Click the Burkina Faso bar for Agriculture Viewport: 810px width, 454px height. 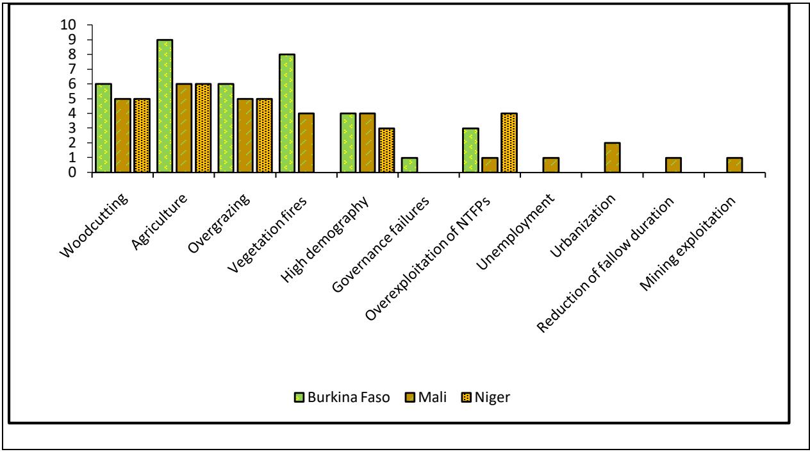click(165, 106)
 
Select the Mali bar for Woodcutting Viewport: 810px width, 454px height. click(122, 135)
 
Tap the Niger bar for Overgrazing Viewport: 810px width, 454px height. click(264, 135)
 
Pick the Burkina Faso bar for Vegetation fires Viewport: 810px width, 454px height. click(287, 113)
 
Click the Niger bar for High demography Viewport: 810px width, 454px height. click(386, 150)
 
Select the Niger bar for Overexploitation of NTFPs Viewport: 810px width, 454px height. click(509, 143)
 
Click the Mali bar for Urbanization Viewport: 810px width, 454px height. click(613, 158)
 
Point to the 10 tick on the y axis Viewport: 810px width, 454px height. click(67, 25)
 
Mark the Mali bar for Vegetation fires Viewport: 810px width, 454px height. click(306, 143)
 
